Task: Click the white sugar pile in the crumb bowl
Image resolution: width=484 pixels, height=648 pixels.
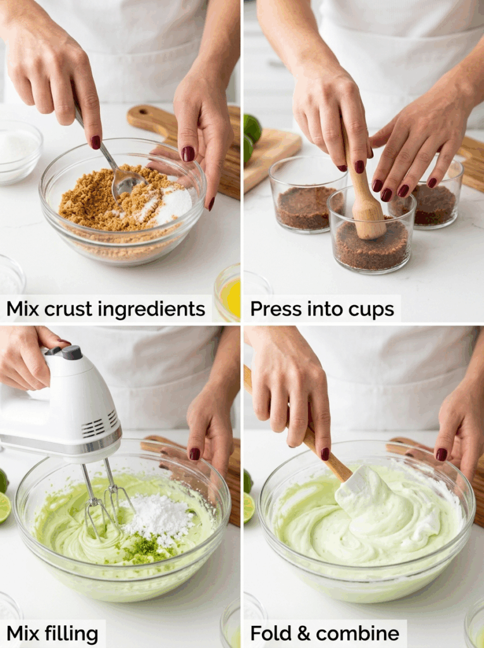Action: tap(174, 203)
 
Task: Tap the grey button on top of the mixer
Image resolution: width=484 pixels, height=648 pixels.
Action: tap(71, 352)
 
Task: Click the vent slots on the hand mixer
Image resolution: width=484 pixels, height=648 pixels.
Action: tap(99, 423)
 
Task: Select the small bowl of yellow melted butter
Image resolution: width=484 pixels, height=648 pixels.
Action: tap(228, 291)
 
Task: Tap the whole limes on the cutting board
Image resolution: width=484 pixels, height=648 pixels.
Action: tap(251, 137)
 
